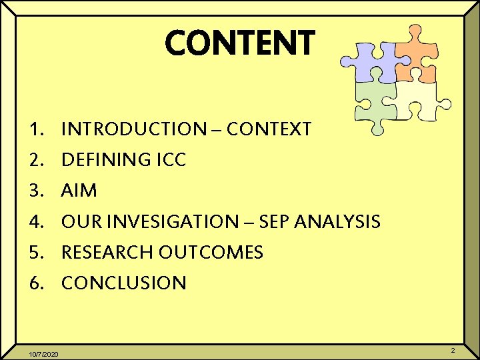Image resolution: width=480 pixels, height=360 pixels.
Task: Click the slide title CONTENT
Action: click(239, 43)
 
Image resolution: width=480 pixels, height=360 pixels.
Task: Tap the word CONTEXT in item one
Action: click(269, 129)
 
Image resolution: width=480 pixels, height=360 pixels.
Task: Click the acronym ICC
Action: click(171, 160)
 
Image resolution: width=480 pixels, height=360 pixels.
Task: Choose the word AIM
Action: click(79, 191)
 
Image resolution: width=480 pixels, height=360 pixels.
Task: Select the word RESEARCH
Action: click(107, 252)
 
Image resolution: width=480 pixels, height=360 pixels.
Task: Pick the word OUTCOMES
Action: click(211, 252)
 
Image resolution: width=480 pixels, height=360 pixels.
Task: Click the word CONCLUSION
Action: click(124, 283)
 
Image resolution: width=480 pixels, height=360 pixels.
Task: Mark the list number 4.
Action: click(36, 221)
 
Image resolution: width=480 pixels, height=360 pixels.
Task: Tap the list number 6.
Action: click(36, 283)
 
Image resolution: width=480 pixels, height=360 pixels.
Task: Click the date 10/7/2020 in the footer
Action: click(45, 353)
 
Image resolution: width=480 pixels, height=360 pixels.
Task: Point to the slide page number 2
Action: click(453, 350)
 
